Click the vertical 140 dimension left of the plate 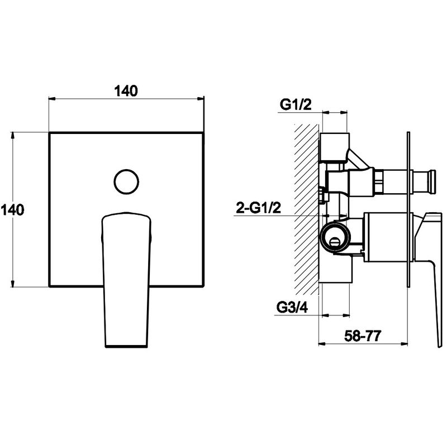13,210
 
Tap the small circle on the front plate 126,182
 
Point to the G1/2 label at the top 296,105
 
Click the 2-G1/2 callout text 258,208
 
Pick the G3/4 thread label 292,308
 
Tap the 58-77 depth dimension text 363,336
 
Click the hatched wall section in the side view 306,209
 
